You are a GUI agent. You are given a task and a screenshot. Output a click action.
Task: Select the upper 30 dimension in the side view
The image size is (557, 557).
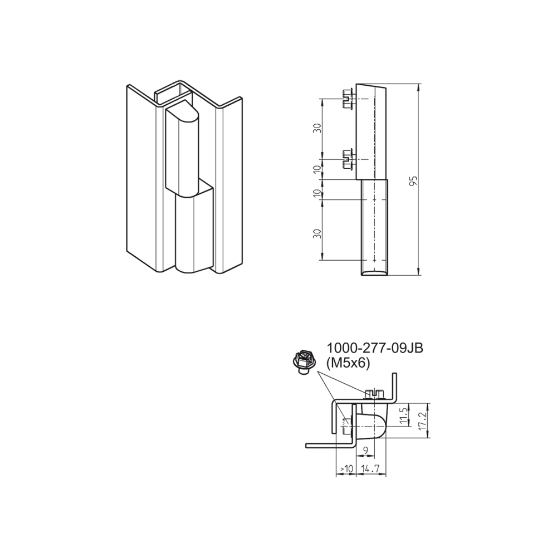click(x=317, y=128)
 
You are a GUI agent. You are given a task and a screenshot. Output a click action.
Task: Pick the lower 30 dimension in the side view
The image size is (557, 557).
click(x=317, y=234)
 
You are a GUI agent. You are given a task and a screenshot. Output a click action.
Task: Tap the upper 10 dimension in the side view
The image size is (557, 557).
click(x=317, y=170)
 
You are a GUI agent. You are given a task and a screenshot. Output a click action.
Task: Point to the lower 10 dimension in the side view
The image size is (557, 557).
click(x=317, y=194)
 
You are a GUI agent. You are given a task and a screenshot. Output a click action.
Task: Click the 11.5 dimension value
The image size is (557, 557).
click(x=402, y=416)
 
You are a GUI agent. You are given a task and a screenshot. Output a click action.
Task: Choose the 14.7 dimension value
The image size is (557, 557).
click(x=370, y=469)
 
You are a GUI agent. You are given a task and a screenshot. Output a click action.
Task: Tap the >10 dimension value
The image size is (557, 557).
click(x=346, y=469)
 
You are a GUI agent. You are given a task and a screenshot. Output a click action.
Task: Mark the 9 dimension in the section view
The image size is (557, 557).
click(x=367, y=451)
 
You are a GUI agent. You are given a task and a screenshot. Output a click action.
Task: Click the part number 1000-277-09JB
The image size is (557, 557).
click(x=374, y=348)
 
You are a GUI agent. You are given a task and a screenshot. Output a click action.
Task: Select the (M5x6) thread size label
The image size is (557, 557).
click(x=348, y=363)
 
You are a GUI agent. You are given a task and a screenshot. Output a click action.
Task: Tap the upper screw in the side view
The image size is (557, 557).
click(x=347, y=99)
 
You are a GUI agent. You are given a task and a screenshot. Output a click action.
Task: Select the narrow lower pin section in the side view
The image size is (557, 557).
click(x=375, y=227)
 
